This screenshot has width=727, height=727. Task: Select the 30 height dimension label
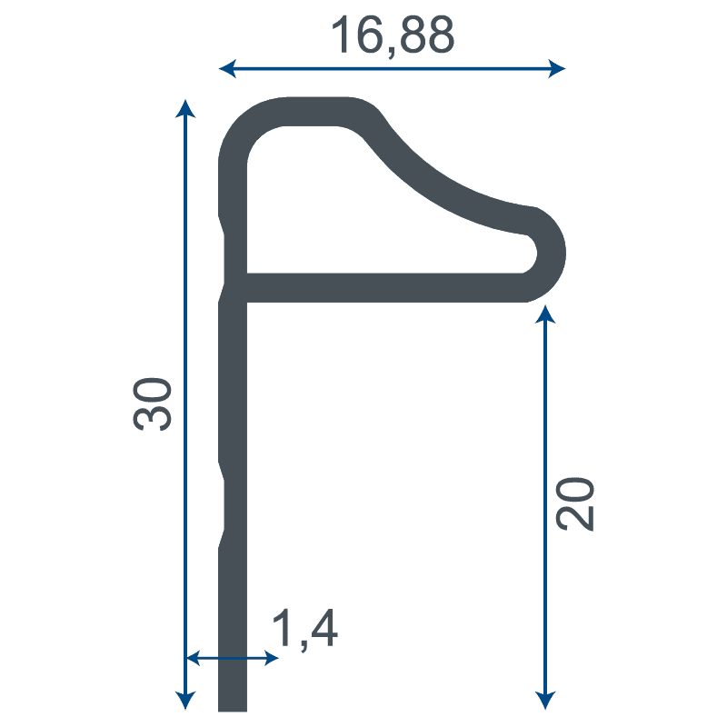152,403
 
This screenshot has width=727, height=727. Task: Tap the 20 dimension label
575,503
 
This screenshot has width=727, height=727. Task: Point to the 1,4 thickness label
304,629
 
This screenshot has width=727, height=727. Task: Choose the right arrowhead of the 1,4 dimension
270,657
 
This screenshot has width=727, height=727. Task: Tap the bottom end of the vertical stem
233,703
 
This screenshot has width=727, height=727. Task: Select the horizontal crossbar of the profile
382,287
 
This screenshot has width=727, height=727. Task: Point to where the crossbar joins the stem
234,287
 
